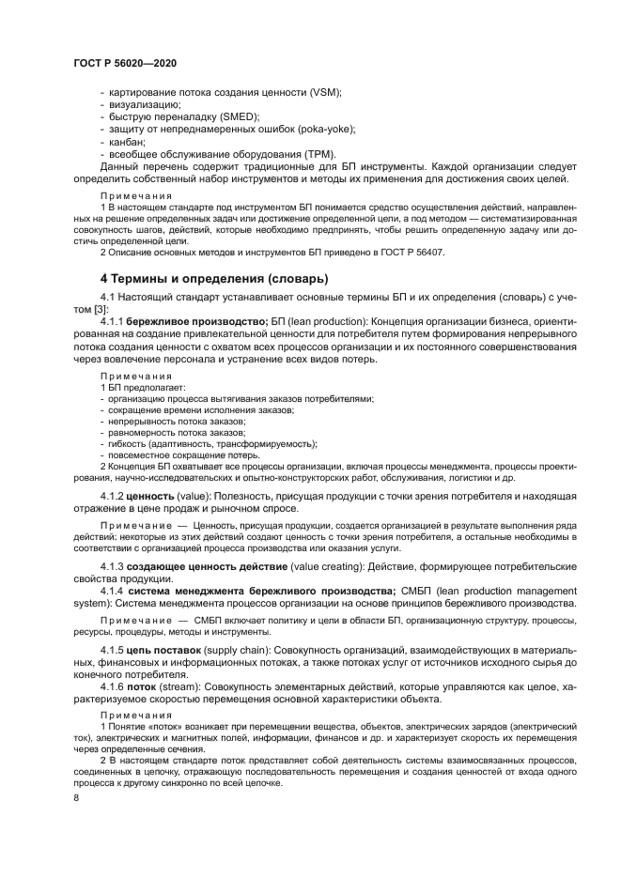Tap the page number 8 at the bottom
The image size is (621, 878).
[x=76, y=797]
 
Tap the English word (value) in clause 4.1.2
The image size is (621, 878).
[x=194, y=495]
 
